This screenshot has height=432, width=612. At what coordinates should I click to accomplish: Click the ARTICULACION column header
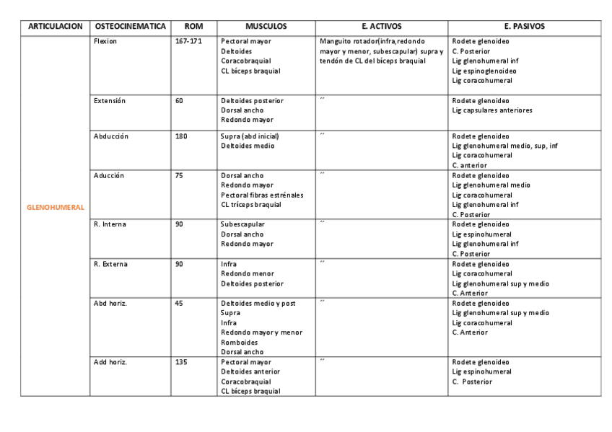point(55,27)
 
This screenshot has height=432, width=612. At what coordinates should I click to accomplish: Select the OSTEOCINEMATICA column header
point(130,27)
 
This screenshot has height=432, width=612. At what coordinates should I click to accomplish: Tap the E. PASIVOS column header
point(525,27)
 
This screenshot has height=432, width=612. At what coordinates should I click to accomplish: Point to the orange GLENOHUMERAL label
point(55,207)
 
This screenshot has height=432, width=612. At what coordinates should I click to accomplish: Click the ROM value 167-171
point(188,42)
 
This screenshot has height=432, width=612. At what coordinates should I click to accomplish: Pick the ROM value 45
point(178,304)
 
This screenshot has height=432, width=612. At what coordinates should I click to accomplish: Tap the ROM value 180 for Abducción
point(180,136)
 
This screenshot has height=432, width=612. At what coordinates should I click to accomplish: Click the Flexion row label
point(105,42)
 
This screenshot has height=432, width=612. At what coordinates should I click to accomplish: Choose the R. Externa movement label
point(110,264)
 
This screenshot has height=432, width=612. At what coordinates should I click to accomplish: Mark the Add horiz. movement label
point(110,362)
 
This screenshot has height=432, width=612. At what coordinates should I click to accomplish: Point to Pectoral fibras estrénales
point(262,195)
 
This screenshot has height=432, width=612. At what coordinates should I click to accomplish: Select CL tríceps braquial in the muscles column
point(251,205)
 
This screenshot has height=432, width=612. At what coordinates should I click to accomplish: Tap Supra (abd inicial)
point(250,136)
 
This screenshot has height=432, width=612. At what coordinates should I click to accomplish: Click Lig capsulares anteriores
point(492,110)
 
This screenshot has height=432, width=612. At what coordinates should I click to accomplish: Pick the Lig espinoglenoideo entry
point(484,71)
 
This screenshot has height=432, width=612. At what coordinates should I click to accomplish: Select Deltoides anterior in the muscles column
point(250,371)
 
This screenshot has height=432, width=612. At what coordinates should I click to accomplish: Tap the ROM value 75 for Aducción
point(178,175)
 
